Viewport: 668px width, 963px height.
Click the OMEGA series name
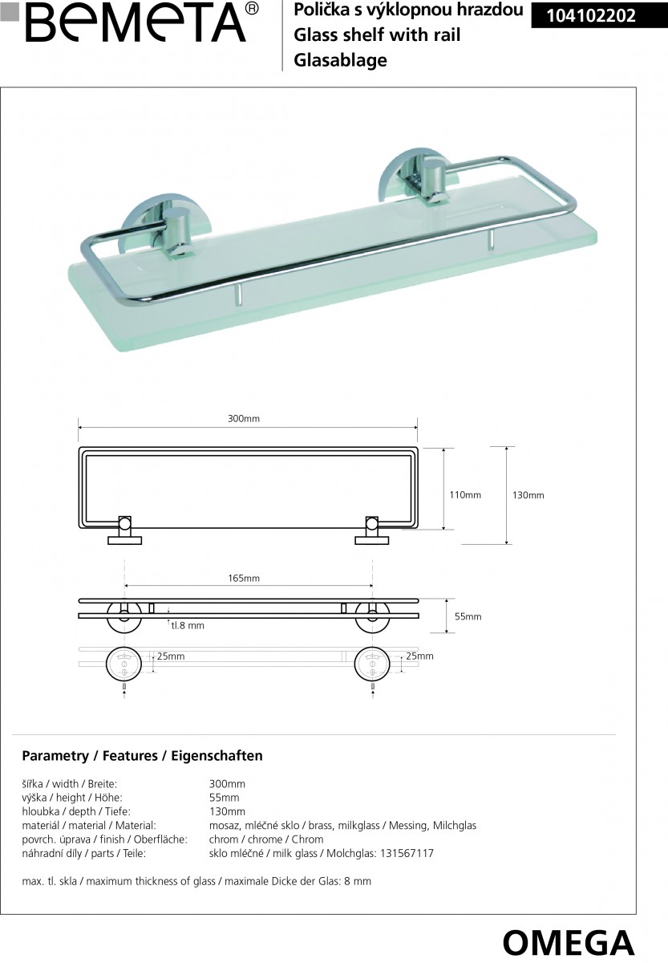click(x=569, y=941)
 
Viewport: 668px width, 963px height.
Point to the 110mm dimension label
click(x=465, y=495)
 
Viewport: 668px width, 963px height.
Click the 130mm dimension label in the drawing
click(x=528, y=495)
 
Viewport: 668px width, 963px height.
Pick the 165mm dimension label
click(x=244, y=578)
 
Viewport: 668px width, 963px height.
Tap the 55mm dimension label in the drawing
click(x=468, y=616)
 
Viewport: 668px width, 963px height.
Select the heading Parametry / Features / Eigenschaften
click(x=142, y=756)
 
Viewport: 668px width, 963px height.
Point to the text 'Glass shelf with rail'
click(x=378, y=36)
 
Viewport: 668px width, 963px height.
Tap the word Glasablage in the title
click(x=341, y=60)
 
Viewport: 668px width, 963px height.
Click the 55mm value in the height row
click(x=224, y=798)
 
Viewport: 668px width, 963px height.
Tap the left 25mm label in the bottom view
click(x=171, y=656)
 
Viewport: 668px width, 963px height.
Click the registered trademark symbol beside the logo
click(x=251, y=9)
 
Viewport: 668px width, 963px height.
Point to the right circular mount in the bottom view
click(x=371, y=663)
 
